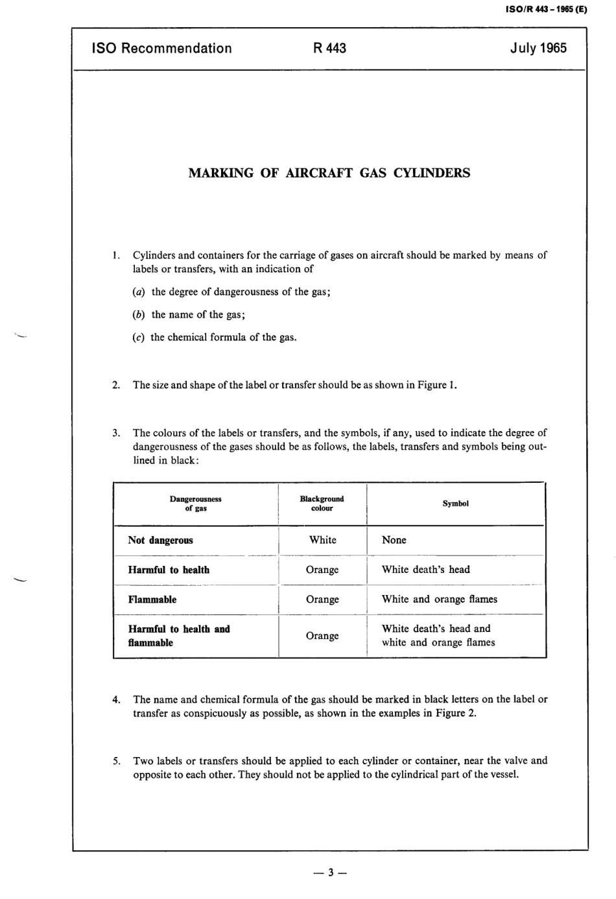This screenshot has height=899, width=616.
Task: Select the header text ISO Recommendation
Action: (x=162, y=48)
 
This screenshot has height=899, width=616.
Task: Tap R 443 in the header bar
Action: (x=329, y=48)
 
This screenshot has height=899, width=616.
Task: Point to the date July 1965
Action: (x=538, y=48)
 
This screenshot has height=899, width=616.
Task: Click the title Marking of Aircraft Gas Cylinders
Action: (x=329, y=173)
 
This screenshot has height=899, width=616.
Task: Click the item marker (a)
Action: (x=138, y=292)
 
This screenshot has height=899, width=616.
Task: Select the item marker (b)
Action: (x=138, y=314)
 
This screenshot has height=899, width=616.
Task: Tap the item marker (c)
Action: (x=138, y=337)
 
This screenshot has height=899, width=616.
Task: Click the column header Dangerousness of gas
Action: (x=195, y=504)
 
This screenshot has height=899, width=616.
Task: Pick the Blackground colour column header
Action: (x=322, y=504)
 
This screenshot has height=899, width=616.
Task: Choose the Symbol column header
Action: (x=455, y=504)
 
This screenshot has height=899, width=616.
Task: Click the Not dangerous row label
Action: (x=160, y=541)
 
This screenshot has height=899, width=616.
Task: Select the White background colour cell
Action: (x=322, y=540)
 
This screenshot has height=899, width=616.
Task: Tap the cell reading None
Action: (x=394, y=540)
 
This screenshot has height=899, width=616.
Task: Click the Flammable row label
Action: (x=152, y=600)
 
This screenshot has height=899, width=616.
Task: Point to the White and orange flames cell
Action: (x=440, y=599)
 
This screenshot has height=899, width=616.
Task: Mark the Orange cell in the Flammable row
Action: (x=322, y=600)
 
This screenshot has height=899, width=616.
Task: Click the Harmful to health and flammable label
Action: (x=178, y=636)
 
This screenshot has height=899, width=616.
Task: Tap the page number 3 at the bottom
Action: (x=329, y=872)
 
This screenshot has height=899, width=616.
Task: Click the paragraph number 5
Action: (x=116, y=761)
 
